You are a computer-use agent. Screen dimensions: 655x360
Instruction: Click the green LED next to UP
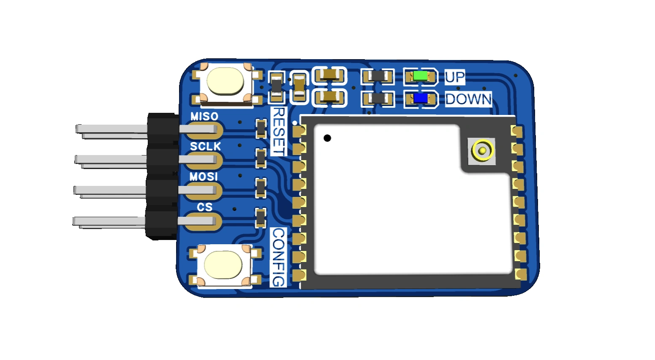[420, 76]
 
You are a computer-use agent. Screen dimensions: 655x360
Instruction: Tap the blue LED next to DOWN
[421, 98]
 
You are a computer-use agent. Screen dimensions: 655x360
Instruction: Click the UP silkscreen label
[455, 77]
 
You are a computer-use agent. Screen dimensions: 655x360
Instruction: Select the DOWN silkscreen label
[468, 99]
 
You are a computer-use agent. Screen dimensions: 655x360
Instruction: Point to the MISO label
[204, 117]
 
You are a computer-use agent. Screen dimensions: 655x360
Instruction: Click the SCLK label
[205, 146]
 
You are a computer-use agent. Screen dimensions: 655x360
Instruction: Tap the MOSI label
[204, 177]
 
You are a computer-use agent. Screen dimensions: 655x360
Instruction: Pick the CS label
[204, 207]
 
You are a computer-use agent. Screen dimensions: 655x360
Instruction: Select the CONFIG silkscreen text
[278, 257]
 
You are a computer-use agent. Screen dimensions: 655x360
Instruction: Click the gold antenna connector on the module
[482, 151]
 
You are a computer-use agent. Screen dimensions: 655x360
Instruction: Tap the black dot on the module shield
[327, 138]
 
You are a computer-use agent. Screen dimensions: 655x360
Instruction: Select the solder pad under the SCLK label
[204, 161]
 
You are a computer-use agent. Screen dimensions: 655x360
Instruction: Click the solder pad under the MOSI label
[204, 191]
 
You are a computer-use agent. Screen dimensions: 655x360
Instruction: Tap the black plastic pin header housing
[162, 177]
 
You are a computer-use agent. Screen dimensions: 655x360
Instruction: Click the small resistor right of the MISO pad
[261, 128]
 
